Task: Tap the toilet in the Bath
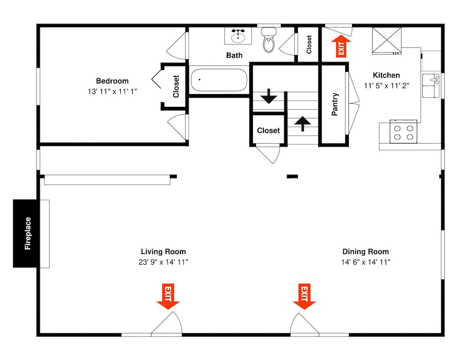pos(269,40)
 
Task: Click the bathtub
pos(218,80)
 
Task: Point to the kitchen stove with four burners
pos(403,132)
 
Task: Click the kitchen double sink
pos(431,86)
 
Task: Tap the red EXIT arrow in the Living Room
pos(168,296)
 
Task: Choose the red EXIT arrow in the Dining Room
pos(304,296)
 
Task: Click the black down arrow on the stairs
pos(269,96)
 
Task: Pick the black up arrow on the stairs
pos(302,124)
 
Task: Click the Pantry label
pos(335,104)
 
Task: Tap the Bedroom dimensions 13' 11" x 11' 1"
pos(112,92)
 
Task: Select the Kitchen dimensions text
pos(386,86)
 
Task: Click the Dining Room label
pos(366,251)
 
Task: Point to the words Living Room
pos(163,251)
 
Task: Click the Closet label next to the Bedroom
pos(176,86)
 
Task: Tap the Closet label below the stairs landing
pos(269,130)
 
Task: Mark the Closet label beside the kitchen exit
pos(309,44)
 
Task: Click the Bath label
pos(235,55)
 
